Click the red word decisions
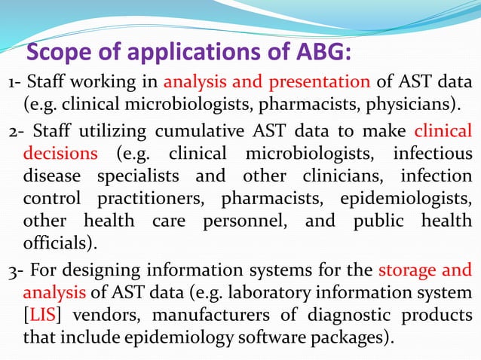click(x=61, y=154)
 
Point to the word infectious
click(x=434, y=154)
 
